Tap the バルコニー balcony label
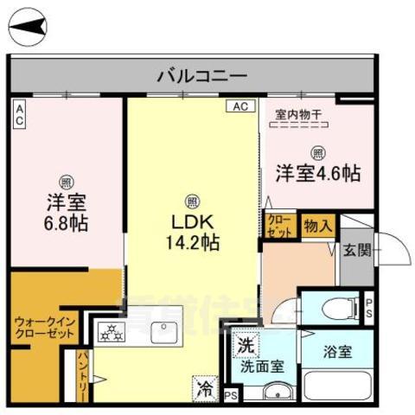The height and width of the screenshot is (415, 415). tap(202, 75)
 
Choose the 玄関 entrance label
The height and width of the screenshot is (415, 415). tap(356, 251)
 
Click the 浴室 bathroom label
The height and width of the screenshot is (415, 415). tap(339, 353)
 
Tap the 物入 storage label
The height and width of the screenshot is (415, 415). tap(317, 226)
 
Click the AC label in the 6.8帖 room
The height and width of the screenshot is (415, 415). tap(19, 114)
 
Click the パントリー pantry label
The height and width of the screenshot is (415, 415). tap(83, 372)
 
